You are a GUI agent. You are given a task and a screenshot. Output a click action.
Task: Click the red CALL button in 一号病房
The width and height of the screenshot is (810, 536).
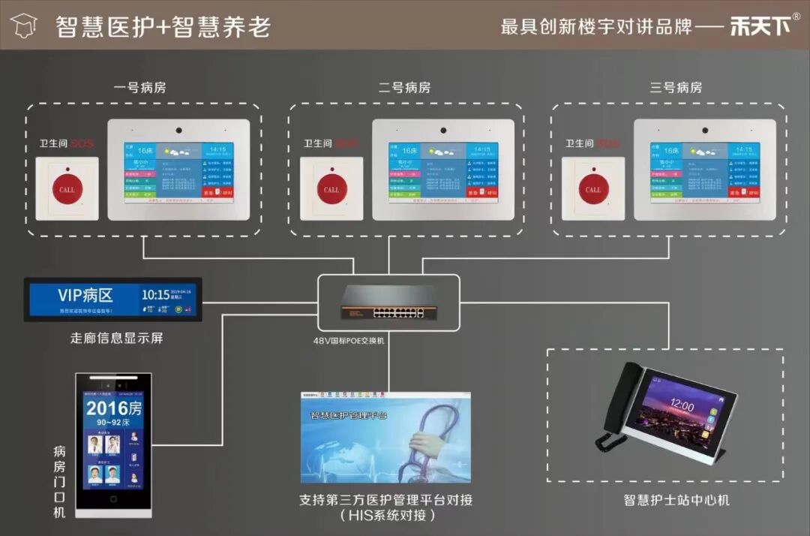[67, 189]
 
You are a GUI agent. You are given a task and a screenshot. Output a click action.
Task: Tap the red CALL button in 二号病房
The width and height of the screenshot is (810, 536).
[331, 189]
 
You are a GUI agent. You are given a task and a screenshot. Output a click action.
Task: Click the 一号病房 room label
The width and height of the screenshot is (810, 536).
[139, 88]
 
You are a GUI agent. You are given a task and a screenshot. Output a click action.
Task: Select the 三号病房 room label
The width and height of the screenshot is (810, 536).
[676, 88]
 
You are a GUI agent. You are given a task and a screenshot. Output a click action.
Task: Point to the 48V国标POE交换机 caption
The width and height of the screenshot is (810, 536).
[349, 340]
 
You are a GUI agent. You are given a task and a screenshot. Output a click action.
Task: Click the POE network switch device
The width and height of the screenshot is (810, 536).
[388, 301]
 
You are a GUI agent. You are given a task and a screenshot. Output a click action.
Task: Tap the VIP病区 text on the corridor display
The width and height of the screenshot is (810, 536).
[85, 294]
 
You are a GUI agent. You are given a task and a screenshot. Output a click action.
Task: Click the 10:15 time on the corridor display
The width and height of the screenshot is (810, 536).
[155, 294]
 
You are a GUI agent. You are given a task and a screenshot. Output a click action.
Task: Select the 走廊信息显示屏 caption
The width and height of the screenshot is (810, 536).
[116, 338]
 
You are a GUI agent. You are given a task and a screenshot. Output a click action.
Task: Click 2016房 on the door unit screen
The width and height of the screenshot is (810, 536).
[113, 408]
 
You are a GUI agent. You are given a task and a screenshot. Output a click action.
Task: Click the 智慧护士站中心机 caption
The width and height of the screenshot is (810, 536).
[676, 500]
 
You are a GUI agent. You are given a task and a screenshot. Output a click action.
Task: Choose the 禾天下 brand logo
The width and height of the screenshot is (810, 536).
[760, 26]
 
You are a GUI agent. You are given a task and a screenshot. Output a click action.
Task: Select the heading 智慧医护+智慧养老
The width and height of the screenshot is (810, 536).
[163, 27]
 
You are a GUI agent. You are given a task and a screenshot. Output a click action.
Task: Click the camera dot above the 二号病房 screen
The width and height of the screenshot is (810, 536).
[444, 130]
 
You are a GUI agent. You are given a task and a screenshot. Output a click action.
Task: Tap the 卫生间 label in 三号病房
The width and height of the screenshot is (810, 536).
[579, 143]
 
